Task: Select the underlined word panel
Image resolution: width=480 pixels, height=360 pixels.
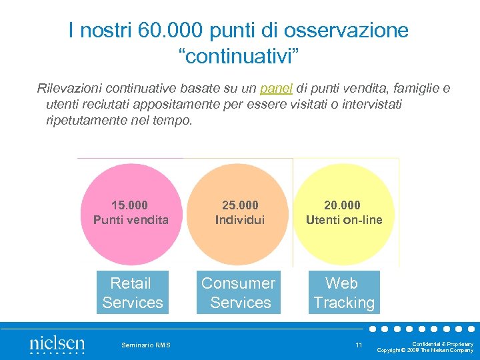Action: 276,89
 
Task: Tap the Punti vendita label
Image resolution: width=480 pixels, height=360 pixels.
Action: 131,219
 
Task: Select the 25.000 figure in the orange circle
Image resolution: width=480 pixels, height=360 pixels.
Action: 240,205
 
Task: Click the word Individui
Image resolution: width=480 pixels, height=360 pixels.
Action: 240,219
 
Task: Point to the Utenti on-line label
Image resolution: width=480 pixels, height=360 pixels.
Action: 344,219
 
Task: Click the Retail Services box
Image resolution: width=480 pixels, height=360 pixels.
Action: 132,293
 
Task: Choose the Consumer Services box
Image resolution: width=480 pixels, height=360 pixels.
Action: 239,293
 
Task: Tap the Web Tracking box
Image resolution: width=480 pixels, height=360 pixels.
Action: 343,293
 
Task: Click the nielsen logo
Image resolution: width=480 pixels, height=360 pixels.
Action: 57,344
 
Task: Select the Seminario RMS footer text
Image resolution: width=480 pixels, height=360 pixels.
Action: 145,345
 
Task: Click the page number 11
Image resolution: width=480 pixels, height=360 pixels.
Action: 359,345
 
